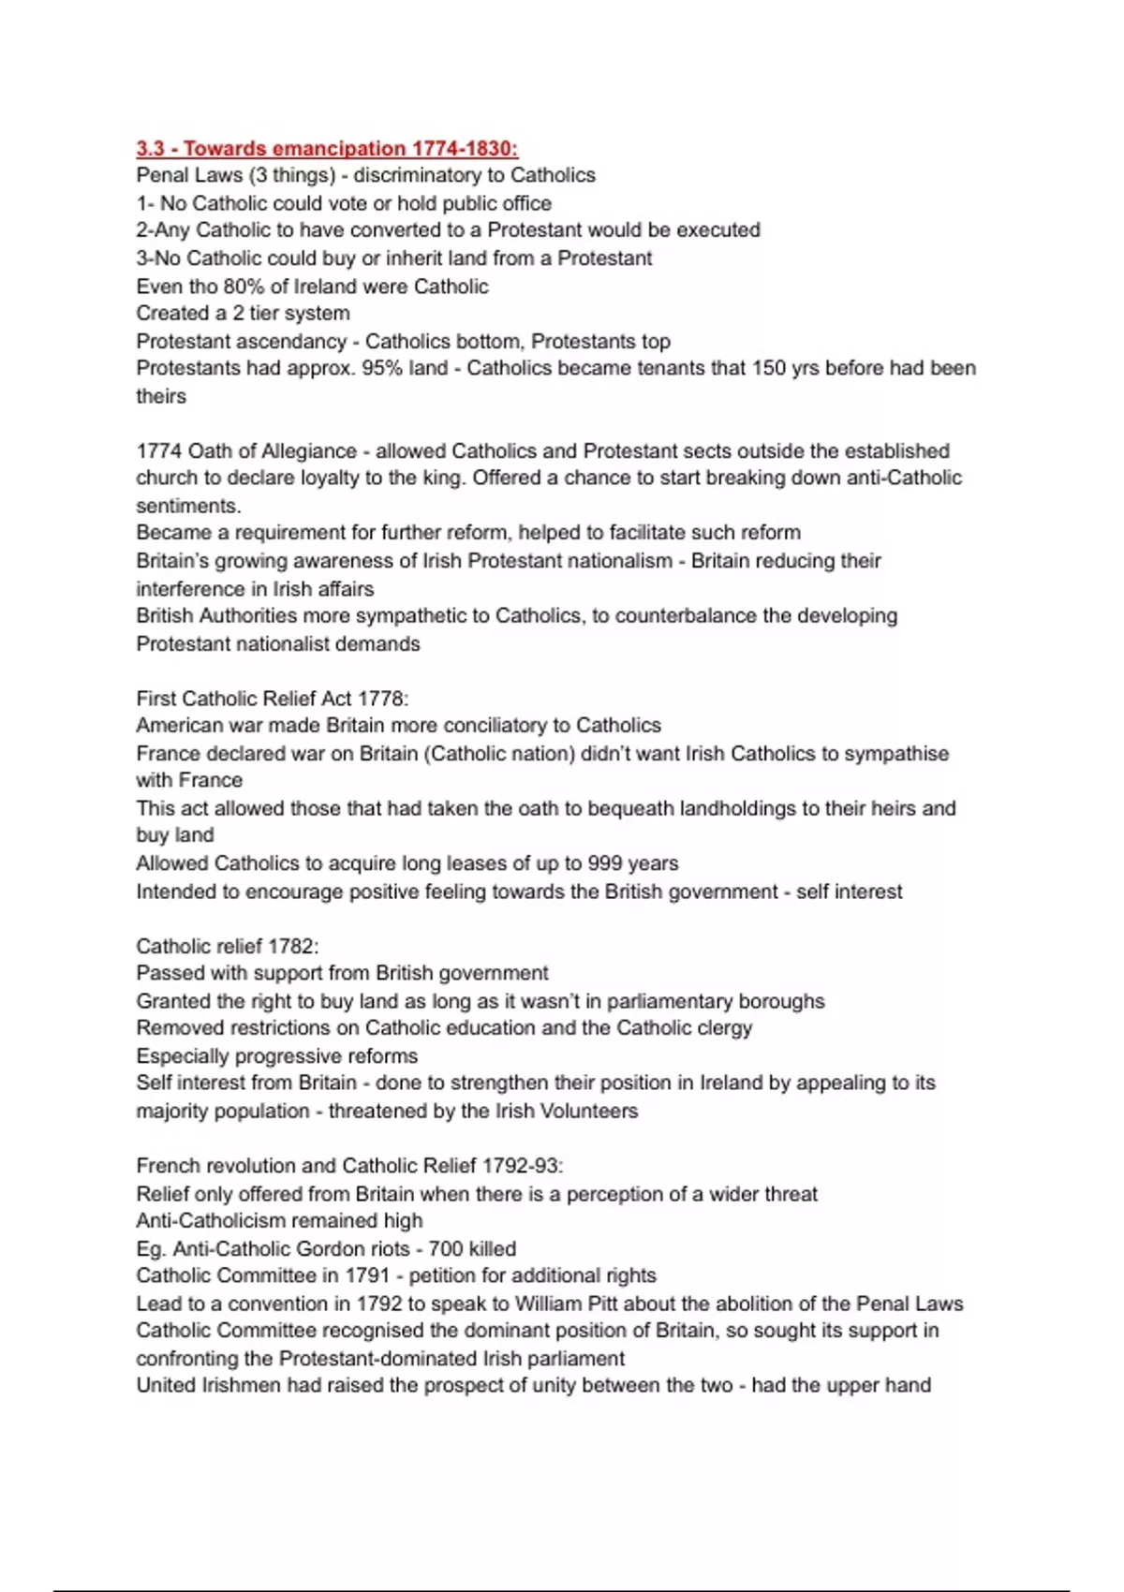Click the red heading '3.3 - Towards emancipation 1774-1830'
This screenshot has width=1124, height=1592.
(327, 148)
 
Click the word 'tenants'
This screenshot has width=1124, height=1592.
(670, 368)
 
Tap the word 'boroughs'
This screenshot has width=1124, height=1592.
(780, 1001)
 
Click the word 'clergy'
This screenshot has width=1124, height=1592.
(724, 1027)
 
